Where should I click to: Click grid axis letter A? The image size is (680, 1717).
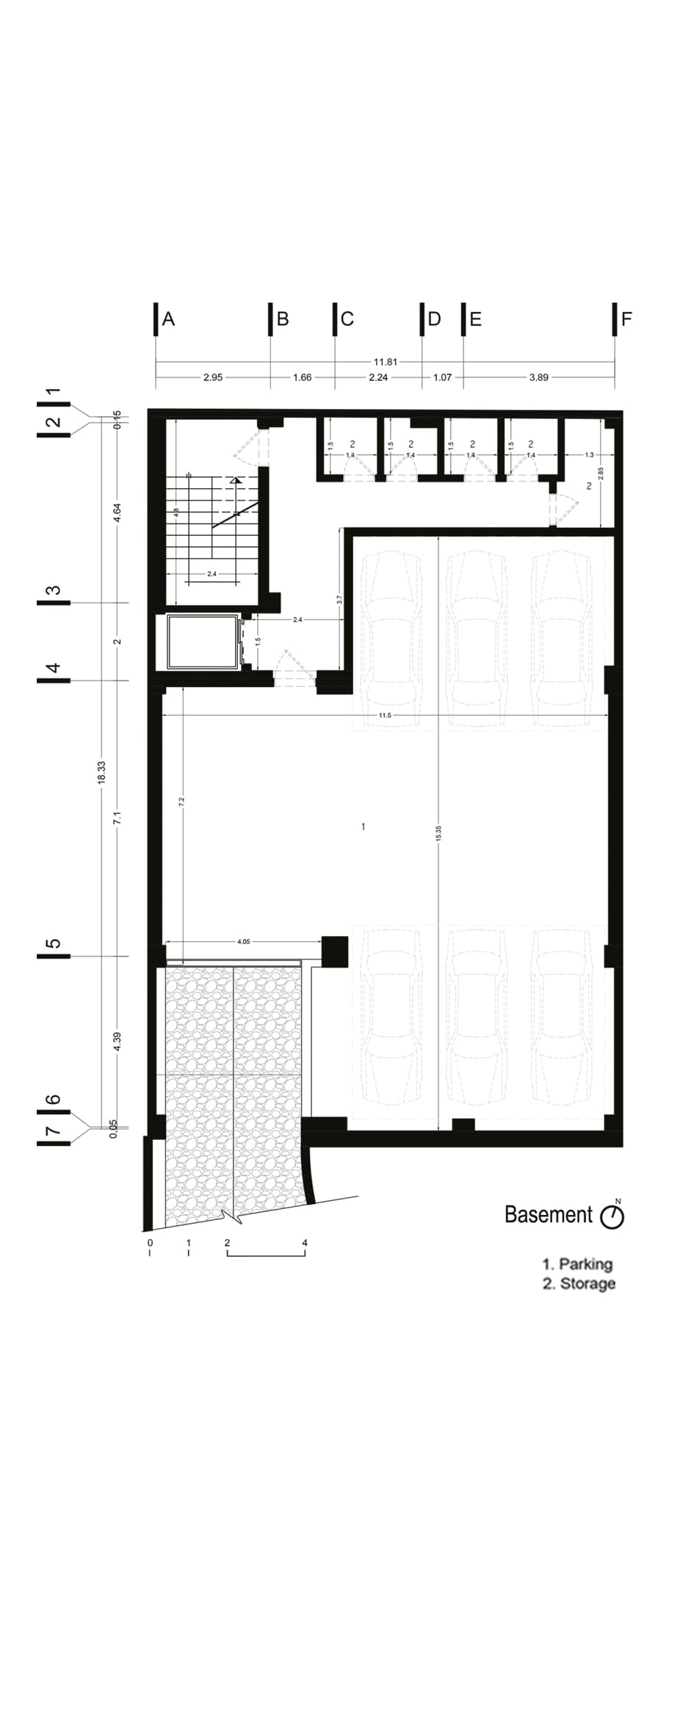(168, 319)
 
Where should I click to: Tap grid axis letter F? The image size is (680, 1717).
(626, 319)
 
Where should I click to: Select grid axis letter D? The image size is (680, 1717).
(434, 319)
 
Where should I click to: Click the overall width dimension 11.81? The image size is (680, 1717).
(385, 361)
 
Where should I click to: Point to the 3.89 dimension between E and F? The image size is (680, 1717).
(538, 377)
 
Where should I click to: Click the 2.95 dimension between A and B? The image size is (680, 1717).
(213, 377)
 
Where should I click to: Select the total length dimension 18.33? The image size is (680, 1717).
(101, 772)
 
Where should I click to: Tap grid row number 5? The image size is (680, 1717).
(53, 943)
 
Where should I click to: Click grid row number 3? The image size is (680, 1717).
(53, 590)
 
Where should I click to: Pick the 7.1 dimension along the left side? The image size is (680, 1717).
(117, 817)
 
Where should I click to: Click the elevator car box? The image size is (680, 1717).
(203, 642)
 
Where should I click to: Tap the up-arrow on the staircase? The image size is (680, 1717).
(235, 479)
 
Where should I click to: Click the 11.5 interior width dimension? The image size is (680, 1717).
(385, 715)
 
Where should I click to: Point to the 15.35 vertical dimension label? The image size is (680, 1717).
(438, 832)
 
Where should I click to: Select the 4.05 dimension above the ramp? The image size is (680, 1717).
(244, 941)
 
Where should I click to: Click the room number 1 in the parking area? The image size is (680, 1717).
(363, 827)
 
